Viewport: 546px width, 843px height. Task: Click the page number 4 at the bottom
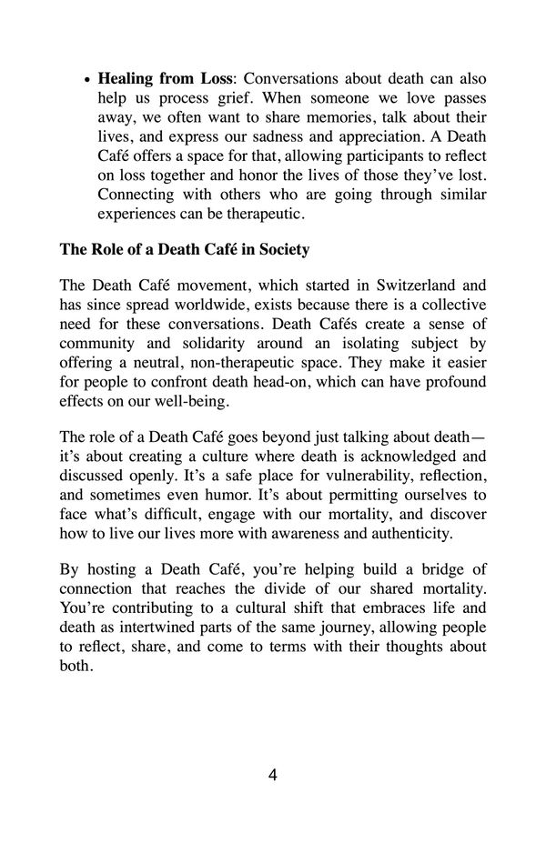point(273,776)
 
